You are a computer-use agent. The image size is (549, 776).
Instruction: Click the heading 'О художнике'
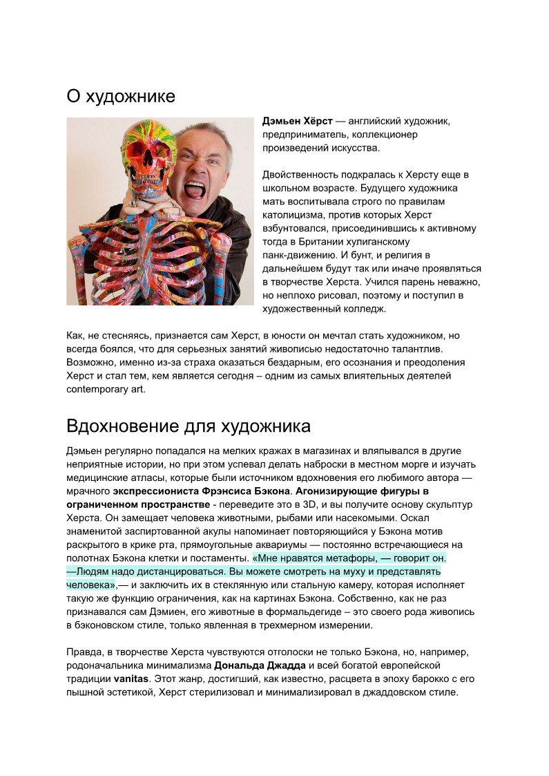click(121, 96)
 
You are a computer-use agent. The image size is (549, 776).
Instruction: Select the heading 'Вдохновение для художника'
click(189, 424)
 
